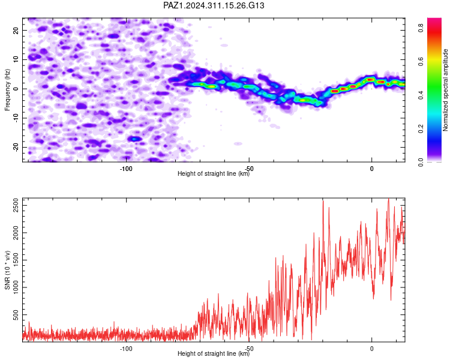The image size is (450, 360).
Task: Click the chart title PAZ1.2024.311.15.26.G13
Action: (x=214, y=5)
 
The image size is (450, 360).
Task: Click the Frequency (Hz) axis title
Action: (x=7, y=90)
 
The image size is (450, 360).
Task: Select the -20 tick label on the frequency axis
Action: (x=16, y=147)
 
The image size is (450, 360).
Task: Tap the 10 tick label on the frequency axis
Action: (x=16, y=59)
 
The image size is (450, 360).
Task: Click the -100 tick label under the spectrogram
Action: (x=126, y=169)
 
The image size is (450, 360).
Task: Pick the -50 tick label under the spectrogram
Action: (x=249, y=169)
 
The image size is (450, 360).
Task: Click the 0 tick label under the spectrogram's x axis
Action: (x=371, y=169)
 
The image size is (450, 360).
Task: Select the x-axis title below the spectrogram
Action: (x=214, y=173)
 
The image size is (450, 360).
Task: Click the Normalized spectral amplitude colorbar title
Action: (x=445, y=90)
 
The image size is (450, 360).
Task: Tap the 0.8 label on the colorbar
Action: (x=421, y=28)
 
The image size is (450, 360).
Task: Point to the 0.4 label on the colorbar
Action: (x=421, y=95)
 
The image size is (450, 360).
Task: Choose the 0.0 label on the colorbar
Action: (x=421, y=162)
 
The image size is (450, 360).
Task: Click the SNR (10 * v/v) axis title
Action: (x=7, y=270)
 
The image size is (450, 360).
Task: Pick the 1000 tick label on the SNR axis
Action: (x=16, y=287)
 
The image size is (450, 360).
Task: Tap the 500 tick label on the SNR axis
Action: (x=16, y=314)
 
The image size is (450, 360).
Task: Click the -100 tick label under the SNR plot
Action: (x=126, y=349)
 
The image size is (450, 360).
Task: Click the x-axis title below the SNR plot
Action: (x=214, y=353)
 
